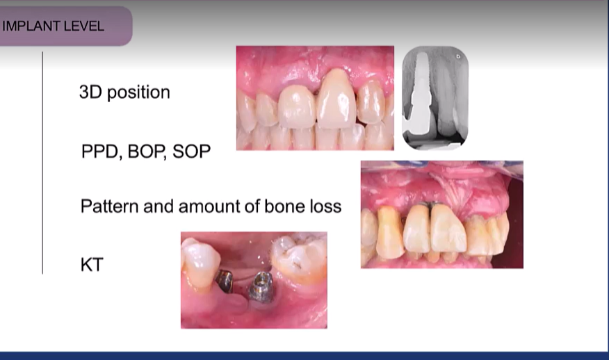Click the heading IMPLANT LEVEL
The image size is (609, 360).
(x=54, y=26)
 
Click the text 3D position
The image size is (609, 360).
(x=124, y=92)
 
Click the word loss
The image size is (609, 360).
(x=325, y=206)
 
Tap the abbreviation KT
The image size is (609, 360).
(x=92, y=264)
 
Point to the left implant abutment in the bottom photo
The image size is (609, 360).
(x=224, y=280)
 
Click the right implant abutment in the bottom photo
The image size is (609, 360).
(x=261, y=286)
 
